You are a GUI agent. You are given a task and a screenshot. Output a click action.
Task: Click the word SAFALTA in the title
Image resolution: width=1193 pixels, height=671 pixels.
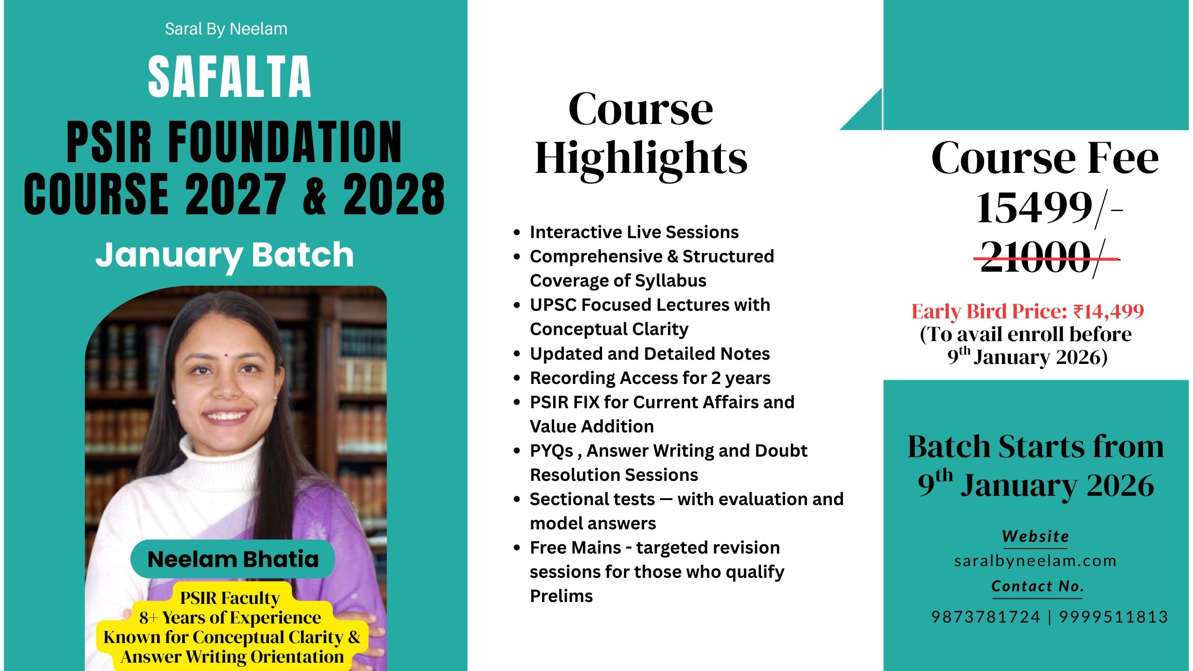point(229,76)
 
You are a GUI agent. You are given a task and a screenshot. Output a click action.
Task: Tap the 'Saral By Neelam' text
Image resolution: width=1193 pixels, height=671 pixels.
point(226,29)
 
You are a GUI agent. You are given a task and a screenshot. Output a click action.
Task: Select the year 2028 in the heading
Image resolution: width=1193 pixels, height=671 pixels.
point(394,194)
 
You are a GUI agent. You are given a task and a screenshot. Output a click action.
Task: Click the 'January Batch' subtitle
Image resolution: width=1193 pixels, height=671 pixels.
point(225,255)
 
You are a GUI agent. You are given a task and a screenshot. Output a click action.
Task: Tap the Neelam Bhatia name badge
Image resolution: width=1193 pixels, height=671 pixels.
point(233,559)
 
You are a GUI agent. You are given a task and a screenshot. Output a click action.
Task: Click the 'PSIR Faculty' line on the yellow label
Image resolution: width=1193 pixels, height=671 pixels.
point(230,597)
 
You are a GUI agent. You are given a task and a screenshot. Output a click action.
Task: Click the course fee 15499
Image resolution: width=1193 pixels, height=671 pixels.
point(1035,208)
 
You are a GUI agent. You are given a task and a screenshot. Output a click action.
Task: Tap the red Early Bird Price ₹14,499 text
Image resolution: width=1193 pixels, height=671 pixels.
point(1028,311)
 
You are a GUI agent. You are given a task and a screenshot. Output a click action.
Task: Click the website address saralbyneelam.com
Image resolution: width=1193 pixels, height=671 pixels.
point(1035,561)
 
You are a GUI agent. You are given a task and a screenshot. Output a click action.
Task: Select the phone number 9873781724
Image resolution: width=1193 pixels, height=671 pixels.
point(986,617)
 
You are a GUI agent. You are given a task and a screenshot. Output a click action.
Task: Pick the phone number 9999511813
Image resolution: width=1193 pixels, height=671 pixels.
point(1114,617)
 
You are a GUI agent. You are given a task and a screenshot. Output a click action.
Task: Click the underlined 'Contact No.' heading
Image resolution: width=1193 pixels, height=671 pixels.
point(1037,586)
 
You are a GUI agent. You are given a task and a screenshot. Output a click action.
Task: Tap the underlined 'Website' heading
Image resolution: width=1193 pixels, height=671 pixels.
point(1035,536)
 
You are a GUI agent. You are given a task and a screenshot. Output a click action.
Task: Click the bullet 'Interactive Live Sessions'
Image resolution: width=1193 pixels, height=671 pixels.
point(634,232)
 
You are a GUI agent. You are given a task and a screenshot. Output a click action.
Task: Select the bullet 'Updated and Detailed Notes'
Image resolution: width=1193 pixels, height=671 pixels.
point(650,354)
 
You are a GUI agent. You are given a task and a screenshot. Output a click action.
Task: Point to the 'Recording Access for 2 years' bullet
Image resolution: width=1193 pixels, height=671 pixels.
point(650,378)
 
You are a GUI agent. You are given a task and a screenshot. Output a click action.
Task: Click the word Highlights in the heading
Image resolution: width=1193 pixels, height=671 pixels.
point(641,158)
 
